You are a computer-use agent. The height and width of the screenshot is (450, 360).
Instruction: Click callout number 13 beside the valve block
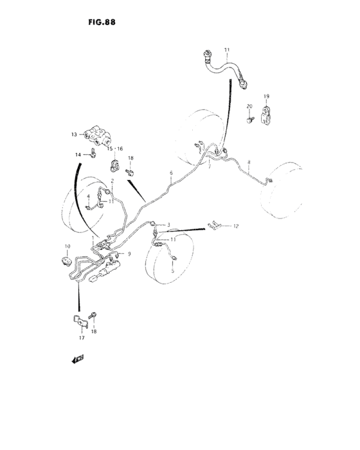coord(75,134)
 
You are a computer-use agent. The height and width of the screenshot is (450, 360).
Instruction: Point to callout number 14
coord(78,155)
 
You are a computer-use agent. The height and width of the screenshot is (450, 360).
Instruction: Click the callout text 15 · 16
coord(114,148)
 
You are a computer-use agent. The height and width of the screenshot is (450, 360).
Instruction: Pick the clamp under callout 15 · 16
coord(115,165)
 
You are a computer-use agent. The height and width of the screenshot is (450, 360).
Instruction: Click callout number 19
coord(265,96)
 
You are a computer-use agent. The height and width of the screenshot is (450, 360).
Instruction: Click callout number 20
coord(248,106)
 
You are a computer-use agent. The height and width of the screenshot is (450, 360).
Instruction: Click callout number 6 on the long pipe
coord(172,173)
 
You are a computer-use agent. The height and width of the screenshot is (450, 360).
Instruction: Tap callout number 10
coord(66,247)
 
